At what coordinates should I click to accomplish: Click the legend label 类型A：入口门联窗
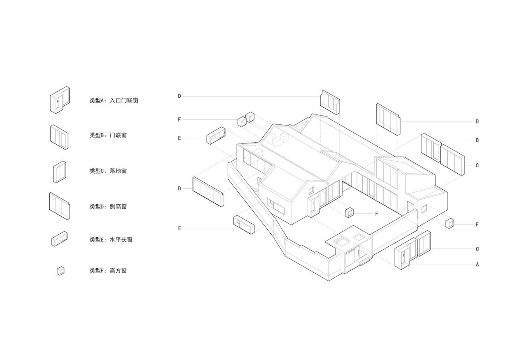coord(114,101)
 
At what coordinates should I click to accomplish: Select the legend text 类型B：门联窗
coord(108,135)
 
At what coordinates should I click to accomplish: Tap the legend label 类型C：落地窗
coord(108,171)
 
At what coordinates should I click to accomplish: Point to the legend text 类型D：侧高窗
coord(108,207)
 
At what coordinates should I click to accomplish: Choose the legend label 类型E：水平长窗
coord(111,240)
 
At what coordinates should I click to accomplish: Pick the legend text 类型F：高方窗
coord(108,271)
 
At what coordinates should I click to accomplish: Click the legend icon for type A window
coord(60,100)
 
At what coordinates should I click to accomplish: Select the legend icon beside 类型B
coord(59,137)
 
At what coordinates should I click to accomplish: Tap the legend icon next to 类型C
coord(60,172)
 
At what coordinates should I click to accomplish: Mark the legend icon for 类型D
coord(59,206)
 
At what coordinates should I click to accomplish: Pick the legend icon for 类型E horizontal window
coord(59,239)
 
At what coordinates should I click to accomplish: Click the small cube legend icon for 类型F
coord(60,271)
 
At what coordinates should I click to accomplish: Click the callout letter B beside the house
coord(477,140)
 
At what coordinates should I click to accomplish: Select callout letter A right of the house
coord(477,264)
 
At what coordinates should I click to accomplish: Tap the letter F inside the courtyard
coord(377,214)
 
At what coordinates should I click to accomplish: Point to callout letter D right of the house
coord(477,122)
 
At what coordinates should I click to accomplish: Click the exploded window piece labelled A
coord(403,257)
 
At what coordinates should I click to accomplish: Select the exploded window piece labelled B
coord(431,147)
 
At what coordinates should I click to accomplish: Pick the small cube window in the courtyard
coord(349,213)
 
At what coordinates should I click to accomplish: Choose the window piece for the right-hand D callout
coord(388,119)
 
